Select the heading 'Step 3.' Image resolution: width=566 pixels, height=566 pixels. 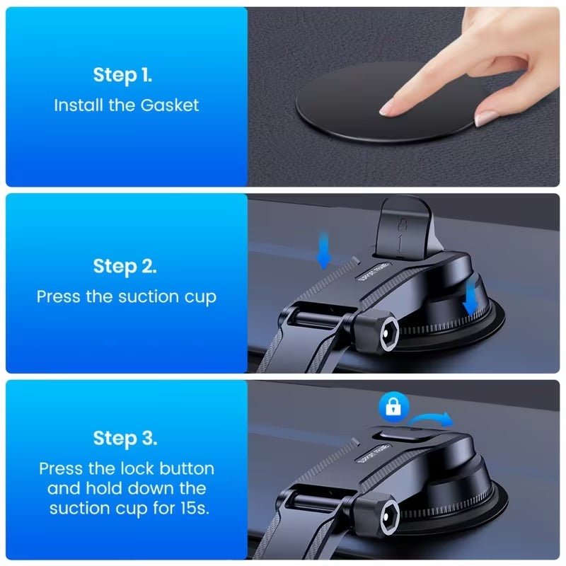[x=126, y=438]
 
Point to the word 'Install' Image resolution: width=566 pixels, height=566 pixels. [x=79, y=105]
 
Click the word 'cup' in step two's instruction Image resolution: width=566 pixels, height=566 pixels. [x=197, y=296]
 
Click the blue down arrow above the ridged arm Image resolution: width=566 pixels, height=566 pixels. [x=324, y=256]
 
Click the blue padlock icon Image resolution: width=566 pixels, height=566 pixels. [x=390, y=405]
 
